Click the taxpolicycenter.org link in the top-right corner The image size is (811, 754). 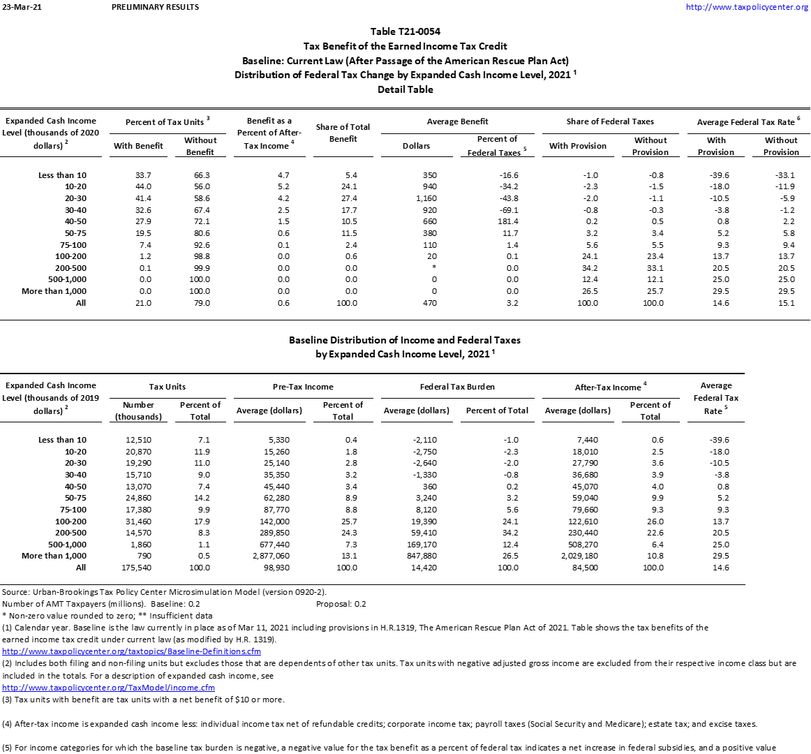coord(747,7)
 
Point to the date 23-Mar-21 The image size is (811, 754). coord(18,7)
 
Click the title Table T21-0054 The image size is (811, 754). coord(405,31)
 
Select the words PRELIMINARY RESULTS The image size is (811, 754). coord(155,7)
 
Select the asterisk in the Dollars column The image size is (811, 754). coord(434,268)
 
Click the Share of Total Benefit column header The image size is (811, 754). coord(343,133)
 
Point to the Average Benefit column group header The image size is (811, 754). coord(457,121)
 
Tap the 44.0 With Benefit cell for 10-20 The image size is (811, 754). coord(143,186)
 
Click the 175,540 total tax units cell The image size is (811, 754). coord(138,568)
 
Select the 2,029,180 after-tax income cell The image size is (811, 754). coord(579,556)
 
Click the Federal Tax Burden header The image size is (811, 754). coord(457,387)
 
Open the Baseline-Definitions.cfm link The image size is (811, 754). coord(131,651)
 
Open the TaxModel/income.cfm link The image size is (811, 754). coord(108,688)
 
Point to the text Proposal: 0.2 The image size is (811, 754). coord(341,604)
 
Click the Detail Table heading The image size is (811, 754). coord(405,89)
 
